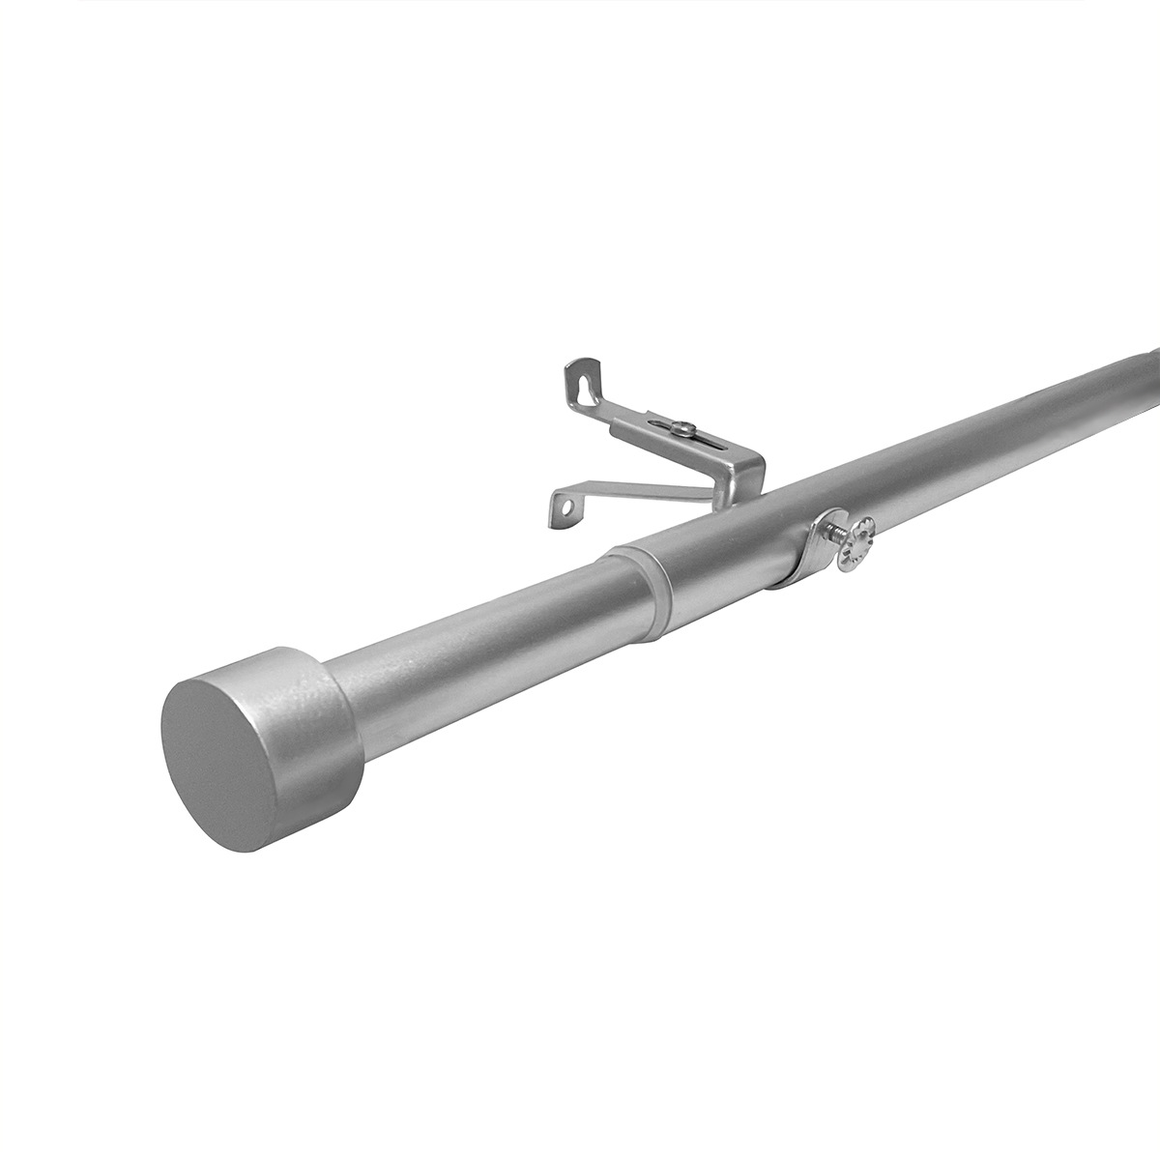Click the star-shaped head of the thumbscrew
pos(856,544)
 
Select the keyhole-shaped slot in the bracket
pos(582,384)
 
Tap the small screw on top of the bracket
pos(684,428)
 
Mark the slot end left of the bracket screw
pos(660,423)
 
